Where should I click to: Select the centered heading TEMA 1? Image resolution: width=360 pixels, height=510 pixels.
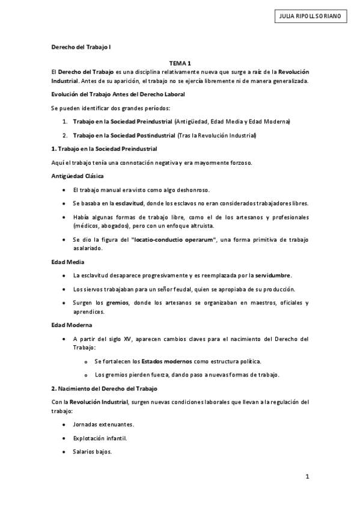(180, 63)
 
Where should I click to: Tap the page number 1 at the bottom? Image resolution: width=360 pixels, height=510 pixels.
(307, 476)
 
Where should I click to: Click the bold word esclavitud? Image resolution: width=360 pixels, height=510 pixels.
(129, 203)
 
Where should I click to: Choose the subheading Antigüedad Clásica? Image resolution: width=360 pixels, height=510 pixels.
(77, 176)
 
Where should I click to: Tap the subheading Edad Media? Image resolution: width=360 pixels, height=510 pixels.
(67, 262)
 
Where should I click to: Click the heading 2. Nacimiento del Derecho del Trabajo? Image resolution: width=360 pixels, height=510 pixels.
(103, 389)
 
